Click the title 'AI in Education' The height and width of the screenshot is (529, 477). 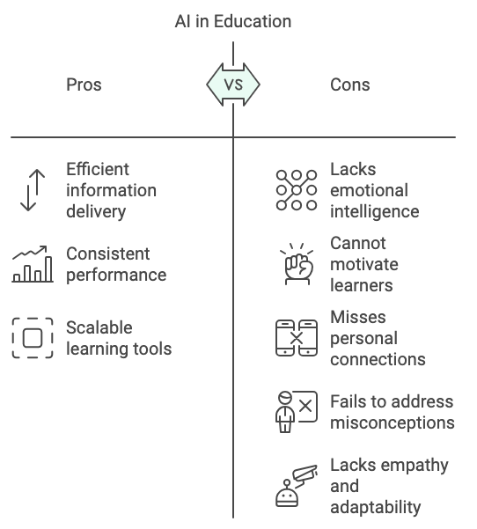click(x=233, y=21)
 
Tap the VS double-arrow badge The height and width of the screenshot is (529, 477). click(x=233, y=84)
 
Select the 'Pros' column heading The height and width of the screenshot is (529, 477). click(x=84, y=84)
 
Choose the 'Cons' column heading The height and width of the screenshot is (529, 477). click(x=349, y=84)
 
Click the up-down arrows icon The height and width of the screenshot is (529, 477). click(x=33, y=190)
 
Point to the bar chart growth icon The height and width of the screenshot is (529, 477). click(x=33, y=264)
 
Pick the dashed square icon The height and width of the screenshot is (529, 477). click(x=33, y=338)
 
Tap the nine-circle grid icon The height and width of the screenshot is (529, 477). click(x=297, y=190)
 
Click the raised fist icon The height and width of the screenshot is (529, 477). click(x=297, y=264)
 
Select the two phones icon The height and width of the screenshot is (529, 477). click(x=297, y=338)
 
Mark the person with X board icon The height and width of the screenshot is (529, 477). click(x=297, y=412)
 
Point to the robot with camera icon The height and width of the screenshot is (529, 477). click(x=297, y=486)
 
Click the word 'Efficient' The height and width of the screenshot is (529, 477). click(x=98, y=169)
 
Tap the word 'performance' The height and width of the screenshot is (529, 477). click(x=116, y=276)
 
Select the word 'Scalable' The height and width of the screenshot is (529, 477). click(x=99, y=327)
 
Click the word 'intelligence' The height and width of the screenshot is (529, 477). click(x=374, y=212)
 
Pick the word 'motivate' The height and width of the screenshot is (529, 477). click(x=364, y=264)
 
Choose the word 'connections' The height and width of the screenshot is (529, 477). click(x=378, y=359)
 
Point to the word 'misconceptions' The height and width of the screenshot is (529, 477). click(x=393, y=423)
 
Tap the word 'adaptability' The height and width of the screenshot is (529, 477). click(x=376, y=507)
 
